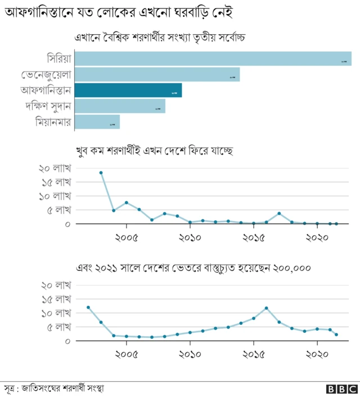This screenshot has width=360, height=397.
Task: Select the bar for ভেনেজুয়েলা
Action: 157,74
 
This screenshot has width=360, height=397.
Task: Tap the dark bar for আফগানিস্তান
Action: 128,90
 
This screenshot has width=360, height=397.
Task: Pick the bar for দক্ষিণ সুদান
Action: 120,106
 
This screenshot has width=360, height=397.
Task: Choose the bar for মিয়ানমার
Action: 97,121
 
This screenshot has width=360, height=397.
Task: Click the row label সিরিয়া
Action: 59,58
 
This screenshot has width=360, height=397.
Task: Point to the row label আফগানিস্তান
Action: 46,90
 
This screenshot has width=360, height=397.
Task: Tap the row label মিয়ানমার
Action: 53,121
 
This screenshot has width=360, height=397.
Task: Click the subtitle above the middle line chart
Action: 154,151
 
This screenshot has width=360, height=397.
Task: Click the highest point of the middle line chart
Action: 101,173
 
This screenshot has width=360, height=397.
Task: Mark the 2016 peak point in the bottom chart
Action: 266,308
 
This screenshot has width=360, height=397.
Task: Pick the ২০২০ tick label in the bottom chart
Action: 317,355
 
